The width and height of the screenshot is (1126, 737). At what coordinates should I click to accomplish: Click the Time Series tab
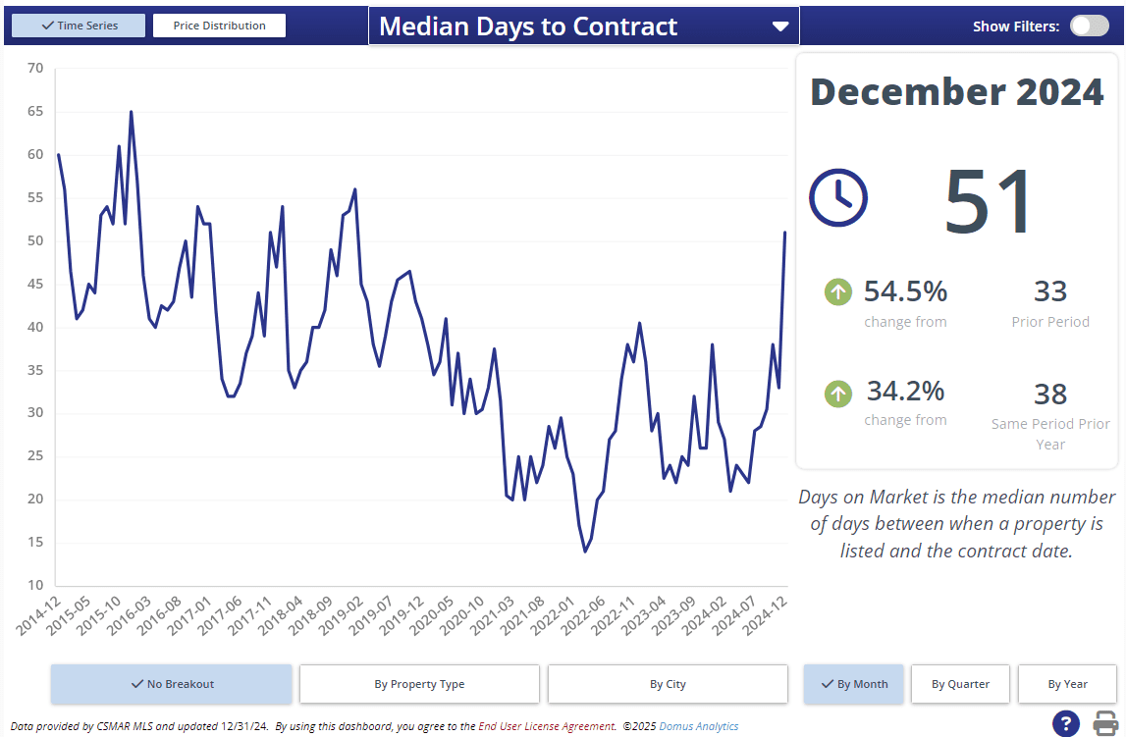click(x=79, y=26)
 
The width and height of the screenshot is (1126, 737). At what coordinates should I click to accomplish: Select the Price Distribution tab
click(x=219, y=26)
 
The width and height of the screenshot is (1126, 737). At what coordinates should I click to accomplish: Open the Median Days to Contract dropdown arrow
click(x=780, y=26)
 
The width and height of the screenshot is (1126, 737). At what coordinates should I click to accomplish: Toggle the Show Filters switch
click(x=1089, y=26)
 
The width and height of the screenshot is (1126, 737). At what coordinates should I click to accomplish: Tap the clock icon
click(x=837, y=197)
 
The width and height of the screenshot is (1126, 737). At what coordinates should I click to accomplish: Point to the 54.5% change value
click(x=905, y=291)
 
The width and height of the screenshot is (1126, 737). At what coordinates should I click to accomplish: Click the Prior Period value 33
click(x=1050, y=291)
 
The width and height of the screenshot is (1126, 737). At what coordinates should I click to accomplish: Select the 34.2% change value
click(x=905, y=391)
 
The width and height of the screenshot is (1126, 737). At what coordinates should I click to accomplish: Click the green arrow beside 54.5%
click(x=837, y=291)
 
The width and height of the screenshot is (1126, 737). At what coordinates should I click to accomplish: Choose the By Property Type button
click(x=419, y=684)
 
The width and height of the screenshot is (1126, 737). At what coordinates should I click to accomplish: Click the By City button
click(x=668, y=684)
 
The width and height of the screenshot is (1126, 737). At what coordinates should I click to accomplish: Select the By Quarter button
click(x=960, y=684)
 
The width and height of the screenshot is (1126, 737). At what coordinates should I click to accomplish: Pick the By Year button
click(x=1067, y=684)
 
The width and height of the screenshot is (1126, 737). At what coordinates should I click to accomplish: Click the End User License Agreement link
click(x=547, y=726)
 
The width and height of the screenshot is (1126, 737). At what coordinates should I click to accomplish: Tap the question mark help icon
click(x=1066, y=723)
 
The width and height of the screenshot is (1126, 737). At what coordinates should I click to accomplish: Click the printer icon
click(x=1106, y=723)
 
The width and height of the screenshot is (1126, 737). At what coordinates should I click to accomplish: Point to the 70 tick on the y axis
click(x=35, y=68)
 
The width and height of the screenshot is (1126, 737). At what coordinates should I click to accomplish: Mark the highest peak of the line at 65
click(x=131, y=112)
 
